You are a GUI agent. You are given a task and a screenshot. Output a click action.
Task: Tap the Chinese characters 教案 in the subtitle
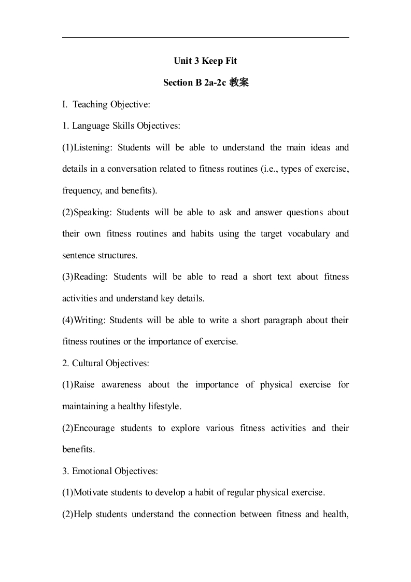pos(239,82)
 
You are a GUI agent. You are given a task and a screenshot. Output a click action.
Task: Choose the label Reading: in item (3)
pos(91,276)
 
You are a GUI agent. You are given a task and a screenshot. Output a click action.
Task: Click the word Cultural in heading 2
pos(88,363)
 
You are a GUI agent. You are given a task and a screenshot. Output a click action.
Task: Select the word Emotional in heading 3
pos(92,471)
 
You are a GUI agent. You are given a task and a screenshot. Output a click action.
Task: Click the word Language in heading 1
pos(90,126)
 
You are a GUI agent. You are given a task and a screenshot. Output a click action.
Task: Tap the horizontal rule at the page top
pos(205,37)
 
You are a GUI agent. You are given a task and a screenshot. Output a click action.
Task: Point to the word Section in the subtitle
pos(178,82)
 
